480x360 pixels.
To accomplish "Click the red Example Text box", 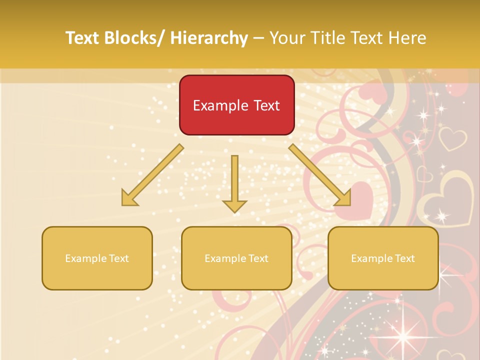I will coord(236,105).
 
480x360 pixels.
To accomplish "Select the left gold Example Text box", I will coord(97,258).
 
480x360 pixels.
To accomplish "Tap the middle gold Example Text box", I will coord(236,258).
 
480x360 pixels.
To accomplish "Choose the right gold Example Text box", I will coord(383,258).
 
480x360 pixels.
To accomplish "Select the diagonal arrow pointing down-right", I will coord(320,175).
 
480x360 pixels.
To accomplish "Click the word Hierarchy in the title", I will coord(209,38).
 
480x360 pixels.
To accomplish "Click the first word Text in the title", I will coord(83,38).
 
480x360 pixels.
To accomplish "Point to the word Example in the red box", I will coord(220,105).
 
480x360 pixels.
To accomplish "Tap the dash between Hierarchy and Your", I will coord(258,38).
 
